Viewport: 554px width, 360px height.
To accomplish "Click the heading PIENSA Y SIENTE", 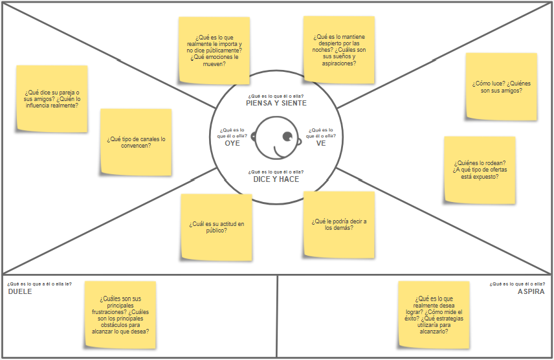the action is (x=276, y=103).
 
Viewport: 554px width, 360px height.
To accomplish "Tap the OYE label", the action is (x=232, y=143).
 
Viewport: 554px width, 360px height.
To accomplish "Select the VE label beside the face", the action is (x=321, y=143).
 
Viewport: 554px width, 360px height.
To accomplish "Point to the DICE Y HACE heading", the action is (x=276, y=179).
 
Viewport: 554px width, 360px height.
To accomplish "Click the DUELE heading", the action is (x=20, y=291).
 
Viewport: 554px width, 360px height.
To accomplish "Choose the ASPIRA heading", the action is (x=531, y=291).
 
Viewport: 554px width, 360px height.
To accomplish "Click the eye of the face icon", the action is (x=287, y=136).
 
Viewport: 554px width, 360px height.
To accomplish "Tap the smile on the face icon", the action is (x=280, y=152).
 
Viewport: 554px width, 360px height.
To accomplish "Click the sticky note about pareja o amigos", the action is (x=52, y=98).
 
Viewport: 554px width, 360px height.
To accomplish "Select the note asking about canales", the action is (x=136, y=142).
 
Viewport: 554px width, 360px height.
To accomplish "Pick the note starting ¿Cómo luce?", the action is (x=501, y=87).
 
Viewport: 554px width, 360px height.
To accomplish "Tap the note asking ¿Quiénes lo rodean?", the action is (x=480, y=170).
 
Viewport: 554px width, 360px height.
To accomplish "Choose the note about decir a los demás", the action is (x=339, y=224).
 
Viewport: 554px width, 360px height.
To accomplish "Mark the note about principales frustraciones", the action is (x=120, y=315).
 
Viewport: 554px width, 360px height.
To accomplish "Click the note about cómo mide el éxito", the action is (x=433, y=315).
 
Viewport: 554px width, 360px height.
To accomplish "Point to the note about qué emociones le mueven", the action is (x=214, y=51).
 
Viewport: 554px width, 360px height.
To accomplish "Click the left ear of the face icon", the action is (x=253, y=137).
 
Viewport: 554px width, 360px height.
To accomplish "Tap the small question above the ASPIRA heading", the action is (x=517, y=284).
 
